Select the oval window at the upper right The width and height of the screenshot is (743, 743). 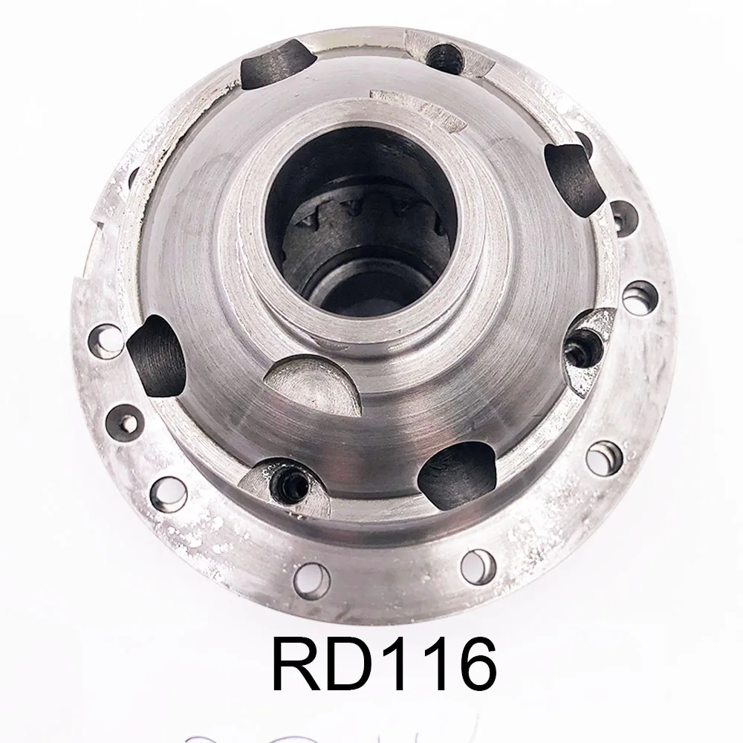tap(573, 174)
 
